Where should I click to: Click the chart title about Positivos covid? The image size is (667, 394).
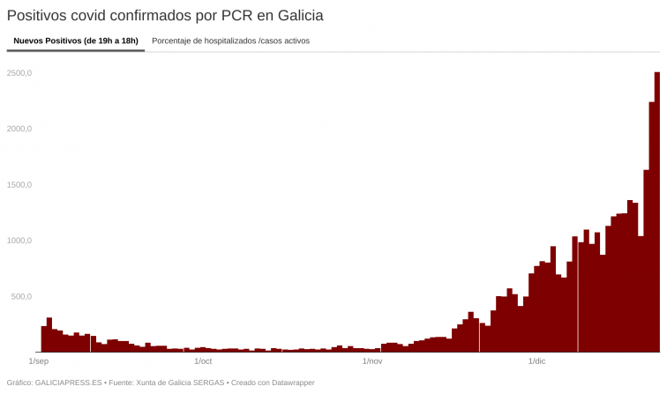coord(164,16)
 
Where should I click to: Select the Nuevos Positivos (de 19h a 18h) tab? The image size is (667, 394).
coord(76,41)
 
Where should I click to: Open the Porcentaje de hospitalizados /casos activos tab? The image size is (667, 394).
coord(230,41)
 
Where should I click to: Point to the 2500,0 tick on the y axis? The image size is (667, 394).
coord(19,73)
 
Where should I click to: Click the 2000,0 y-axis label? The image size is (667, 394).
coord(19,129)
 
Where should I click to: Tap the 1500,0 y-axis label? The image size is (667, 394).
coord(19,185)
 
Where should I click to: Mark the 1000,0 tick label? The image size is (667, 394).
coord(19,241)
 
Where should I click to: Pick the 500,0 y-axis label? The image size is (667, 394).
coord(20,297)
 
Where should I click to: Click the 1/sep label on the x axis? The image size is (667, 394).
coord(39,361)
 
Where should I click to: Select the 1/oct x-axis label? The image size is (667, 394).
coord(203,361)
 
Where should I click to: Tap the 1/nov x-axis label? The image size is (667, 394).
coord(372,361)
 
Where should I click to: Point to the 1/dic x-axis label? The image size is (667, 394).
coord(536,361)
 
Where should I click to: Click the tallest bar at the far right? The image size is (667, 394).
coord(657,212)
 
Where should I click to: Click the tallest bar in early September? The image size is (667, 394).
coord(49,335)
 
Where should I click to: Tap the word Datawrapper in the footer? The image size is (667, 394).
coord(291,383)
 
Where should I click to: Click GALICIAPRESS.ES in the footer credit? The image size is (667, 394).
coord(67,383)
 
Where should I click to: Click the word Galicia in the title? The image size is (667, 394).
coord(298,16)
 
